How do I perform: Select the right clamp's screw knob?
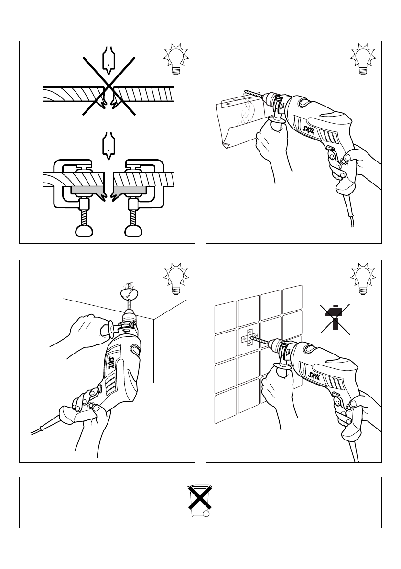(x=132, y=231)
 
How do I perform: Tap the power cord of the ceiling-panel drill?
(x=43, y=427)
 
